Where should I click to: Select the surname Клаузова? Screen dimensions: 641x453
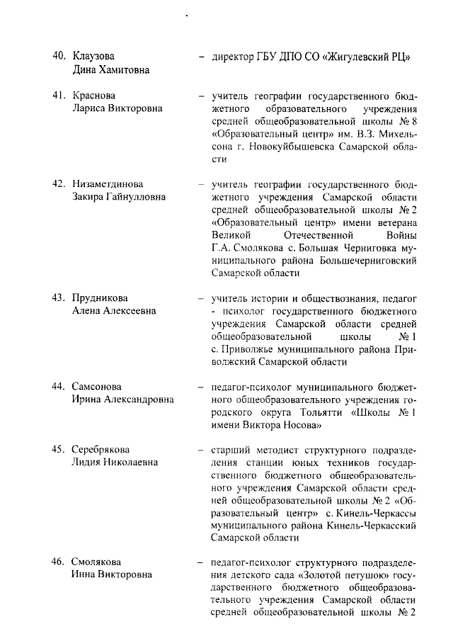click(x=96, y=56)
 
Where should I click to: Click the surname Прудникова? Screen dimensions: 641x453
click(x=100, y=297)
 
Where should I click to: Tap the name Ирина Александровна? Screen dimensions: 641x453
click(x=122, y=400)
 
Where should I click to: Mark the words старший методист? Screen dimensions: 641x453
click(x=246, y=449)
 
